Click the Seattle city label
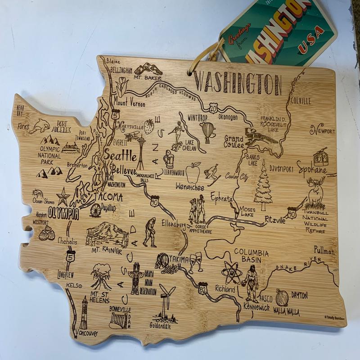(x=120, y=156)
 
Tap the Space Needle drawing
(x=141, y=151)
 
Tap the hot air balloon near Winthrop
(x=207, y=132)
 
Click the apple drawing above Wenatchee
(x=193, y=172)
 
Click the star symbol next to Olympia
(x=63, y=197)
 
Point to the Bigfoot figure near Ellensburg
(x=150, y=232)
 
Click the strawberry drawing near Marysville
(x=149, y=126)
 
